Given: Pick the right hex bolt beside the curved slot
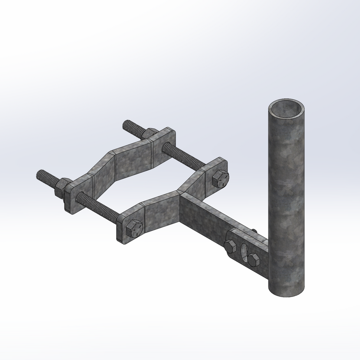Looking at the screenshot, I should coord(254,259).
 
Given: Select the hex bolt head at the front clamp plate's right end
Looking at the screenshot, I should coord(221,178).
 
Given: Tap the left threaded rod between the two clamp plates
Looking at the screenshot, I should coord(97,208).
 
